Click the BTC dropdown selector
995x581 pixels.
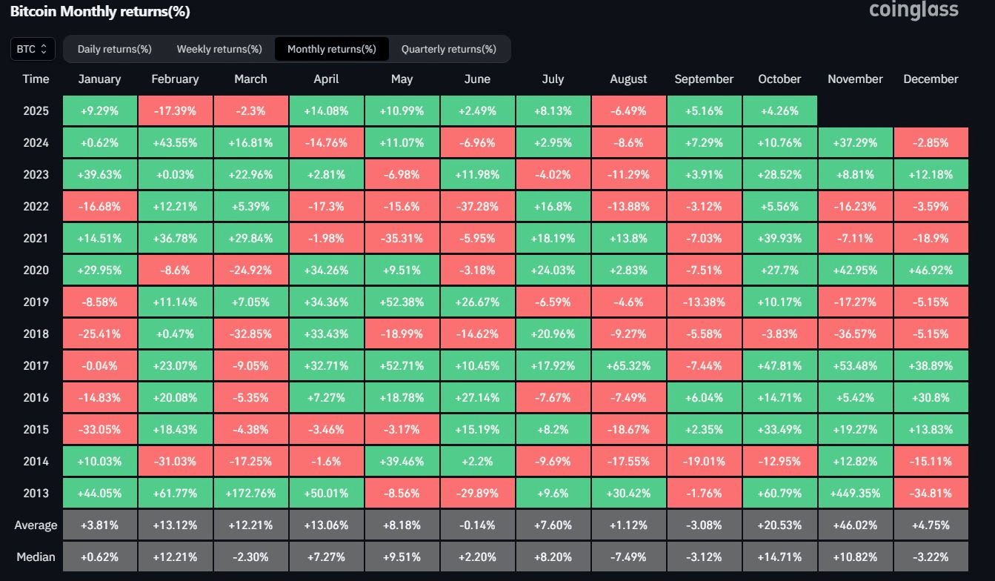(x=33, y=49)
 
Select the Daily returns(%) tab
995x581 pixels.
(x=115, y=49)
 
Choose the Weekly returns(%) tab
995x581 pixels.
(x=219, y=49)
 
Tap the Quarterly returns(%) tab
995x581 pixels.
(x=449, y=49)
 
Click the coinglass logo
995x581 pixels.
(x=914, y=10)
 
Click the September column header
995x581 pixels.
(x=704, y=79)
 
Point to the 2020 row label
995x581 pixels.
(x=36, y=270)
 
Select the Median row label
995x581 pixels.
(x=36, y=557)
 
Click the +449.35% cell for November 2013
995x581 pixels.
(x=855, y=493)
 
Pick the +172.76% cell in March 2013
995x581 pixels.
(x=251, y=493)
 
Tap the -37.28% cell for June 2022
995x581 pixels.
(x=478, y=207)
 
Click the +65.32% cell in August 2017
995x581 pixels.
(x=628, y=365)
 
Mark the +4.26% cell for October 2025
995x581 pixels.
(x=779, y=110)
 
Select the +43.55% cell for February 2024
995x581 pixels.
(x=175, y=142)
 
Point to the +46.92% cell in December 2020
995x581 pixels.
(x=931, y=270)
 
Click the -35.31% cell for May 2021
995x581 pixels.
(x=402, y=238)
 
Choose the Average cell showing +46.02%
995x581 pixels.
(x=855, y=525)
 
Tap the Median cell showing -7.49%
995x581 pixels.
(x=628, y=557)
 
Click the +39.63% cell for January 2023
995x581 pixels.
(x=99, y=175)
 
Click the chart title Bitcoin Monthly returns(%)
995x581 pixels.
(x=100, y=11)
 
